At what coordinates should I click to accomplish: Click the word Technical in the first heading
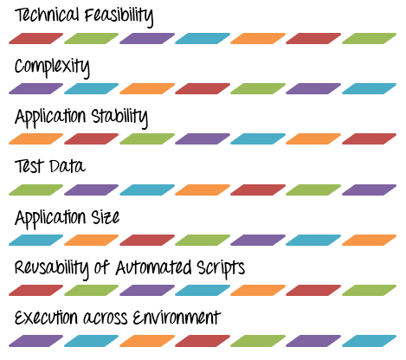tap(47, 15)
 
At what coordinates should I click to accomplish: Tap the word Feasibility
tap(119, 16)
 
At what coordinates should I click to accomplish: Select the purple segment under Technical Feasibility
tap(147, 38)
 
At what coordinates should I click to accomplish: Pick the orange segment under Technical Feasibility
tap(258, 38)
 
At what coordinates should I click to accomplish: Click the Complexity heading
tap(52, 67)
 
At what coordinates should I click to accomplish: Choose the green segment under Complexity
tap(258, 88)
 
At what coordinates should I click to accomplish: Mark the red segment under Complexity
tap(203, 88)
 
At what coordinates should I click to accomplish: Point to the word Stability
tap(119, 118)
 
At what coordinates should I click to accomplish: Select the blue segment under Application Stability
tap(258, 138)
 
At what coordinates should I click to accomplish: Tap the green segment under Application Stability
tap(147, 138)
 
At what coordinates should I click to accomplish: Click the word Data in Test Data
tap(68, 166)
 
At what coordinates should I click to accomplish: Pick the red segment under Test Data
tap(258, 190)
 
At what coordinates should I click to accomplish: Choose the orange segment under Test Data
tap(203, 190)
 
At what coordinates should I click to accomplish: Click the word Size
tap(106, 217)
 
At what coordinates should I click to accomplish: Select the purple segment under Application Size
tap(258, 240)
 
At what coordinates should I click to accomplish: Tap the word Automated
tap(153, 267)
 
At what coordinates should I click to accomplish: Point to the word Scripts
tap(221, 269)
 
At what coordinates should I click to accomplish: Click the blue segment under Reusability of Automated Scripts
tap(203, 290)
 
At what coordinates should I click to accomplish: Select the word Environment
tap(177, 318)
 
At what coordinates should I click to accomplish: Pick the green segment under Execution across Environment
tap(258, 341)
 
